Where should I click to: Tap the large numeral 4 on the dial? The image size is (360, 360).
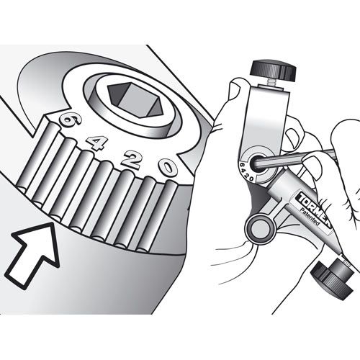click(96, 143)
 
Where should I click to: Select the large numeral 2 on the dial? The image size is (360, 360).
click(131, 160)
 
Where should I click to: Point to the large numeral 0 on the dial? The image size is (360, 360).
click(168, 168)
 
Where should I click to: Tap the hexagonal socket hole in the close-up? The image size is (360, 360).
click(135, 100)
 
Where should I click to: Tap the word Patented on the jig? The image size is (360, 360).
click(310, 217)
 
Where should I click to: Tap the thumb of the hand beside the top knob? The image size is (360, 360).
click(235, 90)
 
